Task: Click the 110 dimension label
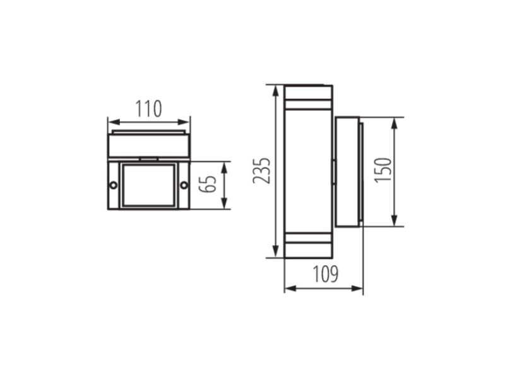pos(148,108)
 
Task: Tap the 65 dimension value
pos(208,184)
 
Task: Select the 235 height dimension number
pos(261,171)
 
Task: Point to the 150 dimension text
pos(383,170)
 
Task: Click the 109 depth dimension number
pos(326,274)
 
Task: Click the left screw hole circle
pos(114,185)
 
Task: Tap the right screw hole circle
pos(184,185)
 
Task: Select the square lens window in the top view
pos(149,185)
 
